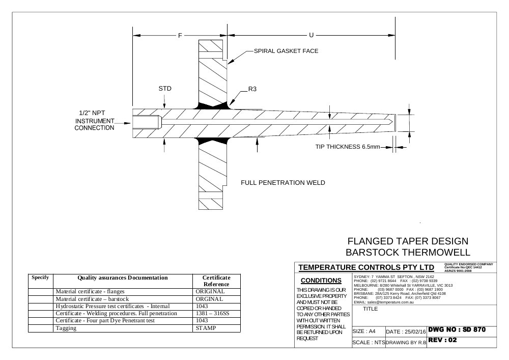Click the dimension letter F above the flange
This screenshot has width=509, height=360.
[180, 35]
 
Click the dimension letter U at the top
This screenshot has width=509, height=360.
[312, 35]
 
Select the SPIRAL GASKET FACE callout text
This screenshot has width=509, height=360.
[286, 51]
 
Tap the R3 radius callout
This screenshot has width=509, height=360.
[252, 89]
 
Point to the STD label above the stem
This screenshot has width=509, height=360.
[165, 89]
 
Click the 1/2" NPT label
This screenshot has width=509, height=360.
[92, 113]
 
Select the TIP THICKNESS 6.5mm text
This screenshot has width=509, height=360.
[348, 147]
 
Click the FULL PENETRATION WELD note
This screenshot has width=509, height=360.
[282, 183]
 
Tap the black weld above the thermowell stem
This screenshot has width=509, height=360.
[213, 105]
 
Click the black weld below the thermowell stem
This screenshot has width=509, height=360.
[213, 141]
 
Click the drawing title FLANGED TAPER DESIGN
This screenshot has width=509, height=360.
[408, 241]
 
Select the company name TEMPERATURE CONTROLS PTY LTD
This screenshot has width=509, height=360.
[366, 267]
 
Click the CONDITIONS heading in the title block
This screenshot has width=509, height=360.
[321, 281]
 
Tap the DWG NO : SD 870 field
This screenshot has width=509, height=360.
[457, 329]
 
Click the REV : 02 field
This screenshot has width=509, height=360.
[442, 340]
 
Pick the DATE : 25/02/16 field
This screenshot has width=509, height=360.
[406, 331]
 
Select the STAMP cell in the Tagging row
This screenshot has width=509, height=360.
[206, 328]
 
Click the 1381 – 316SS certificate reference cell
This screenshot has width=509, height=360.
[212, 313]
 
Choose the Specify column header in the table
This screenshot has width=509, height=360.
[40, 277]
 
